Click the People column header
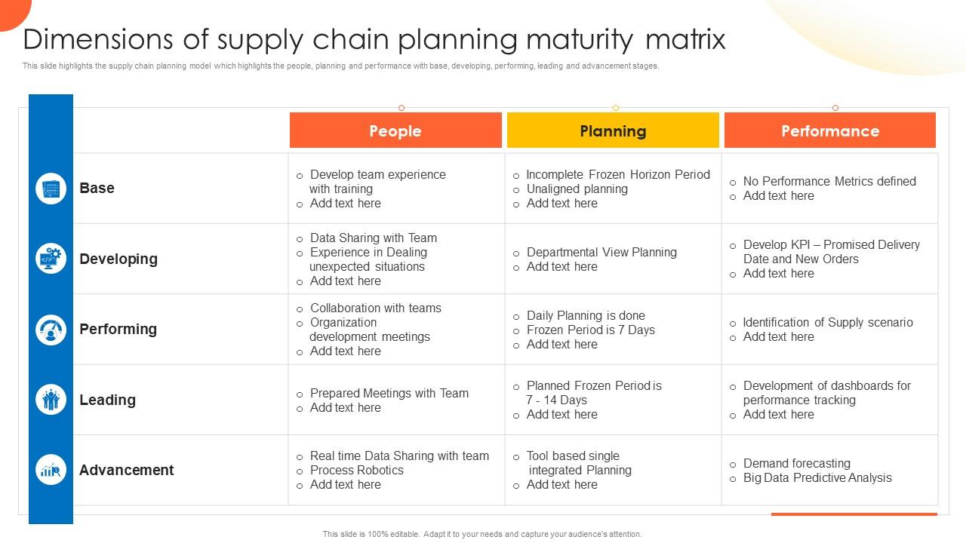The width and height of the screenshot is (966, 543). [395, 130]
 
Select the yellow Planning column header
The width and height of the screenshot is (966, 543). [613, 130]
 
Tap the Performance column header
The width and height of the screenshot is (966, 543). [830, 130]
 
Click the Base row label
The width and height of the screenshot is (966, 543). [97, 188]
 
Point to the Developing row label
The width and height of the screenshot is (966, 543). [118, 259]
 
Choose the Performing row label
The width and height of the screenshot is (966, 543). [118, 329]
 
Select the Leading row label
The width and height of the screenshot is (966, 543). [107, 400]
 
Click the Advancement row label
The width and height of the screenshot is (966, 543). [126, 470]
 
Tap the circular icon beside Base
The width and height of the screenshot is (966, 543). [51, 188]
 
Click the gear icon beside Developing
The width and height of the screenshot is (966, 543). [51, 259]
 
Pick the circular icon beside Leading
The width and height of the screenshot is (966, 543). [51, 400]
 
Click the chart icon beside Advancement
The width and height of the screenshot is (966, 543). [51, 470]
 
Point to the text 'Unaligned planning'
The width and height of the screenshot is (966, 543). [577, 189]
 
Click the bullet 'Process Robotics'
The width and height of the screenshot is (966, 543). [356, 470]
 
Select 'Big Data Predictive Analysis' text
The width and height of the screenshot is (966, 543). [817, 477]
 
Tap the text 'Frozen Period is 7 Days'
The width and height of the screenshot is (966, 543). [590, 330]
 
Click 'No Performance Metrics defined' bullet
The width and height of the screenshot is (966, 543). [829, 181]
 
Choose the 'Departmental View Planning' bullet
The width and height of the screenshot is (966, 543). [601, 252]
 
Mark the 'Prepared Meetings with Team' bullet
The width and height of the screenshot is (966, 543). [389, 393]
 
